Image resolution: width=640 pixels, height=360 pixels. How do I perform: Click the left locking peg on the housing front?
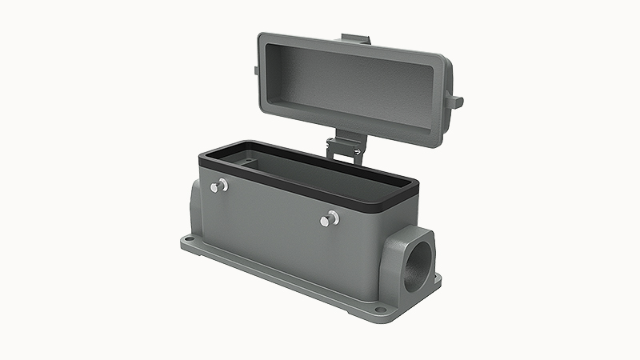click(219, 186)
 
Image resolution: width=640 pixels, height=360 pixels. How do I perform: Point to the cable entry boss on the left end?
click(195, 205)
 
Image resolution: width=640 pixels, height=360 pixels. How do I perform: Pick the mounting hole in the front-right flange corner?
click(381, 310)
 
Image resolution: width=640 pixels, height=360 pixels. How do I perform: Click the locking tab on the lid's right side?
click(454, 102)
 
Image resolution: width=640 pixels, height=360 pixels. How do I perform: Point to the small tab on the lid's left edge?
click(256, 70)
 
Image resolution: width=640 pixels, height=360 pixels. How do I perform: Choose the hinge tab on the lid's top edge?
click(354, 39)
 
